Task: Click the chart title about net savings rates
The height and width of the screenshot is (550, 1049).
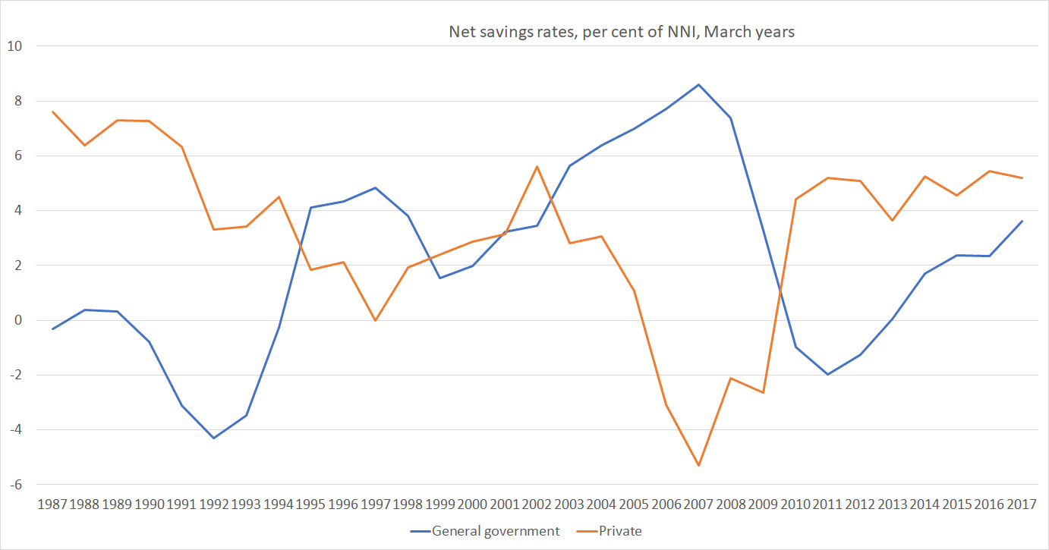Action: (x=621, y=33)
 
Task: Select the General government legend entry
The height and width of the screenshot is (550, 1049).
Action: (x=496, y=531)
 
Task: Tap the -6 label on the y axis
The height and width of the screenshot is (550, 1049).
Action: (x=15, y=485)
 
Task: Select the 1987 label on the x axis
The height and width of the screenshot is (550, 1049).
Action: (x=52, y=504)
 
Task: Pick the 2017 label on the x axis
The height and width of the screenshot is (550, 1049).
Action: (x=1021, y=504)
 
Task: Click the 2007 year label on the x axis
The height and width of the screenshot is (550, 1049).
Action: (x=698, y=504)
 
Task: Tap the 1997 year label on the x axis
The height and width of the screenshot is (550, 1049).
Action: (x=375, y=504)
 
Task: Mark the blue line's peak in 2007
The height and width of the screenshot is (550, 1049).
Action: (x=698, y=84)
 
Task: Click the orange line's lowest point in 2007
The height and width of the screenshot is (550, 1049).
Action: (x=698, y=465)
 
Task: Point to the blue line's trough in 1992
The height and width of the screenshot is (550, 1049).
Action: (x=214, y=438)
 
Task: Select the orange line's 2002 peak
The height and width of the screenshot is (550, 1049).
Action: (x=537, y=166)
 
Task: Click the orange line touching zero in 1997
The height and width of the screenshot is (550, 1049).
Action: (x=375, y=320)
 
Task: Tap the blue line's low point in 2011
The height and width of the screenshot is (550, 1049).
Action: (x=827, y=374)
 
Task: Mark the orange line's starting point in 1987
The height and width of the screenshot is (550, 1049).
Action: (x=52, y=112)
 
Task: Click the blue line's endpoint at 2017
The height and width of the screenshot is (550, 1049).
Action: (x=1022, y=221)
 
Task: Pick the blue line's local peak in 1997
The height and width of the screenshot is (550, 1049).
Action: (x=375, y=187)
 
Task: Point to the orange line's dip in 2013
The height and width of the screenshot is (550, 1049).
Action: (x=892, y=220)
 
